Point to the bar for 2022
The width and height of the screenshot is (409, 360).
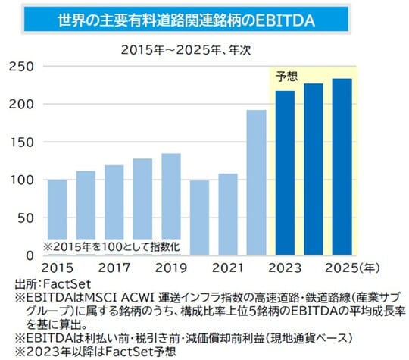coord(257,182)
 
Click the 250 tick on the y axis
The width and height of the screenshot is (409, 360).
coord(22,67)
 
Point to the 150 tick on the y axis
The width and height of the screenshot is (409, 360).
coord(22,142)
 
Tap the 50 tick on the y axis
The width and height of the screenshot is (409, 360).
coord(27,218)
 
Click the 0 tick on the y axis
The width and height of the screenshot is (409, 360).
coord(30,255)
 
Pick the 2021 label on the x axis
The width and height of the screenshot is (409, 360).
coord(228,269)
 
